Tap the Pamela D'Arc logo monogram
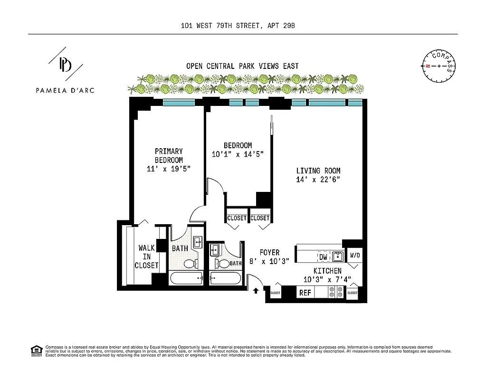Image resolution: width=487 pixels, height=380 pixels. point(65,65)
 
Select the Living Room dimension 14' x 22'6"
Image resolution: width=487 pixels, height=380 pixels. point(318,179)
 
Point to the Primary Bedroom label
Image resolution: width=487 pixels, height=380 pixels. point(169,156)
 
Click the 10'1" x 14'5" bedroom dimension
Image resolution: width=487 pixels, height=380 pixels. point(238,154)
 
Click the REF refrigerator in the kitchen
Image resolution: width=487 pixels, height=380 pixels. point(305,293)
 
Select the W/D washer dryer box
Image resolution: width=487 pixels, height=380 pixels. point(355,255)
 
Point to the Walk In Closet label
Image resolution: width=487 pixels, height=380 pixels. point(146,256)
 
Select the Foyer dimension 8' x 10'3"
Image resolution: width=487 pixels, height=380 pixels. point(270,261)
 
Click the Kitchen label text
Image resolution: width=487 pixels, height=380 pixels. point(327,271)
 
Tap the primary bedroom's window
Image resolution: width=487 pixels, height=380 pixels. point(179,102)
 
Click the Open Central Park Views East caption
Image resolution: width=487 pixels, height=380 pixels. point(242,66)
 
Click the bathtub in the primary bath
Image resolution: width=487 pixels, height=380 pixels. point(186,277)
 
